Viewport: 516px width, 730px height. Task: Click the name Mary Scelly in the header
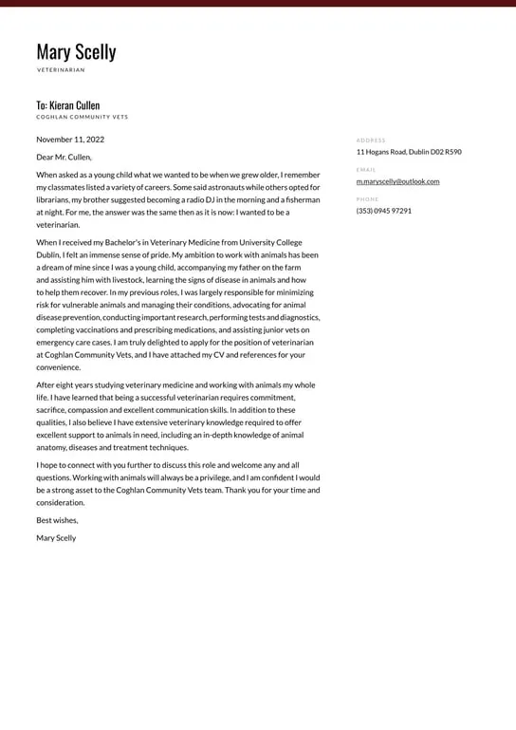[x=76, y=51]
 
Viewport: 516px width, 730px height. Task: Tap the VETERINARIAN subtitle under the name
[x=61, y=70]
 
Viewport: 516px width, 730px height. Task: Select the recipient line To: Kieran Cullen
[x=67, y=105]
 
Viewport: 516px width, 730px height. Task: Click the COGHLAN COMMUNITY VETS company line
[x=82, y=118]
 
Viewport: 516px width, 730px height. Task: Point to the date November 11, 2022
[x=70, y=140]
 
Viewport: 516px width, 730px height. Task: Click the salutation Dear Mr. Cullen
[x=64, y=157]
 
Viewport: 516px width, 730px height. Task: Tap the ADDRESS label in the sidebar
[x=371, y=140]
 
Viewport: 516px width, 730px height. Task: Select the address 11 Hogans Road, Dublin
[x=409, y=152]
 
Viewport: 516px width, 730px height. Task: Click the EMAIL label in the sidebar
[x=366, y=170]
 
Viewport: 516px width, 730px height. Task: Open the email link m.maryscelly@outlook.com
[x=397, y=181]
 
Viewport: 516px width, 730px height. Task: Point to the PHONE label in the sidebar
[x=367, y=199]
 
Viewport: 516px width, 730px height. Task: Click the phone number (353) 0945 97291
[x=383, y=211]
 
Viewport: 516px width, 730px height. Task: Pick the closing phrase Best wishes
[x=57, y=520]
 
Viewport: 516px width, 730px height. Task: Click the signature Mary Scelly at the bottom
[x=56, y=538]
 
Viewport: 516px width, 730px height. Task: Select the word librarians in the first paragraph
[x=55, y=200]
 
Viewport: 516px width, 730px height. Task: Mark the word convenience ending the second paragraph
[x=58, y=367]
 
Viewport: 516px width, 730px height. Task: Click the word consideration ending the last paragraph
[x=60, y=503]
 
